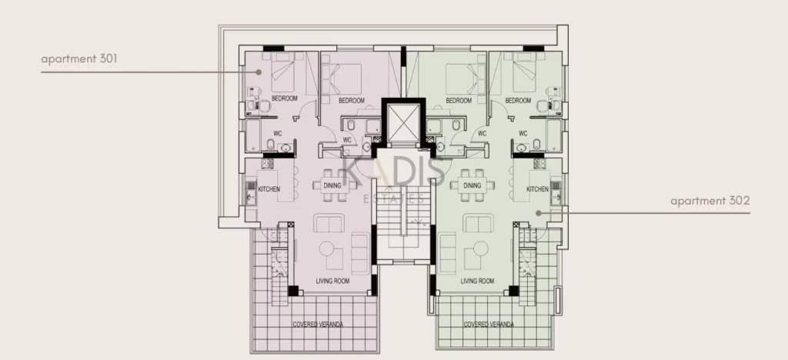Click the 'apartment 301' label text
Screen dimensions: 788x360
tap(79, 58)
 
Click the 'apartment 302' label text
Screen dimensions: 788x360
tap(710, 201)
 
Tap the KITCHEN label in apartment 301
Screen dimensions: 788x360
tap(269, 189)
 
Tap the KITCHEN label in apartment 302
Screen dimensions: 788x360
tap(537, 189)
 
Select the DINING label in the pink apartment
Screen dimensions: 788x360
tap(332, 186)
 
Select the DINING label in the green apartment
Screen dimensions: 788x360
tap(472, 186)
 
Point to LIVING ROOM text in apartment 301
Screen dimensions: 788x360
tap(332, 282)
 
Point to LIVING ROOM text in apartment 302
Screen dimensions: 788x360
tap(477, 282)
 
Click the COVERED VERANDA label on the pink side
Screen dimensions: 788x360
tap(318, 325)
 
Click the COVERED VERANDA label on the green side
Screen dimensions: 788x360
tap(489, 325)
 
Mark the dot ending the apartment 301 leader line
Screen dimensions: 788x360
tap(259, 72)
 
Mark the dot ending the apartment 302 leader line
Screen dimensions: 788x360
tap(539, 213)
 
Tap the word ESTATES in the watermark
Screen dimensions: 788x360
tap(393, 199)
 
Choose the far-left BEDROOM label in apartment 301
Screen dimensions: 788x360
tap(285, 98)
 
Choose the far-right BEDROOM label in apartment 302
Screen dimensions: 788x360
tap(518, 101)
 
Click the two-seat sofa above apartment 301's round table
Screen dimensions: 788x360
tap(329, 223)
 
